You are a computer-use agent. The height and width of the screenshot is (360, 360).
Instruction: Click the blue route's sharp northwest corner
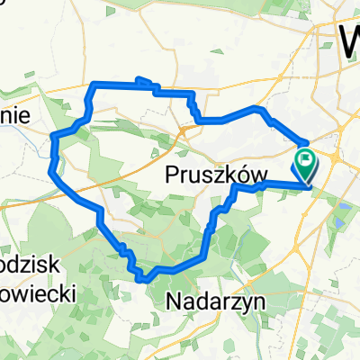[x=94, y=84]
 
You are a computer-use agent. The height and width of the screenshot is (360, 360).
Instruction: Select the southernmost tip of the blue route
[x=144, y=279]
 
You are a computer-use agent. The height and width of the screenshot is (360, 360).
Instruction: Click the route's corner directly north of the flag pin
[x=307, y=142]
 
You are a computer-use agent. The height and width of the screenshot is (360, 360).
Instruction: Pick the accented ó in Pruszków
[x=232, y=175]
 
